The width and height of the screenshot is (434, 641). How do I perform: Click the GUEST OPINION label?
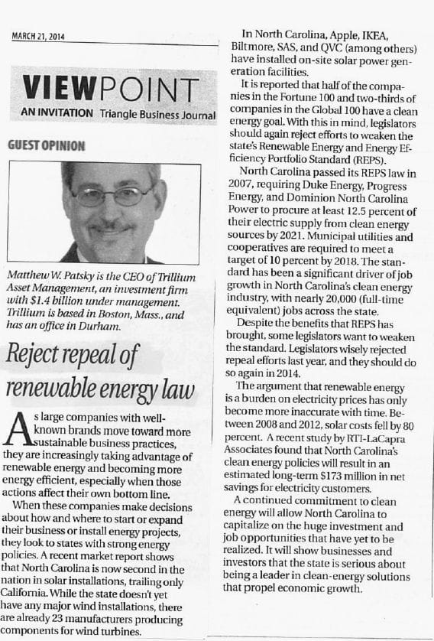pos(46,145)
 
